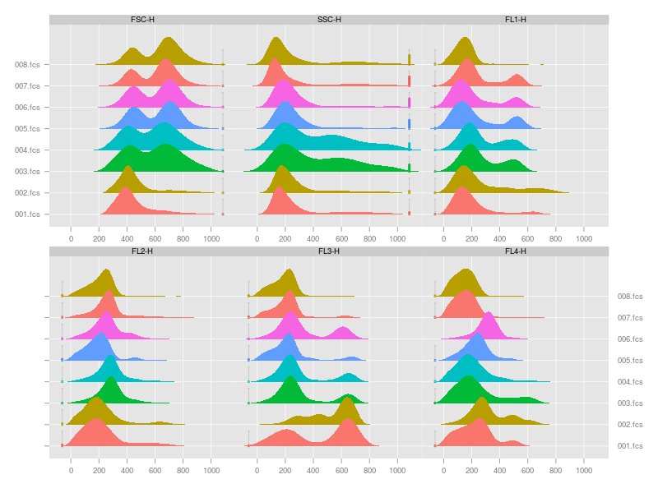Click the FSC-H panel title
click(x=142, y=19)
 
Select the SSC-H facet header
click(x=329, y=19)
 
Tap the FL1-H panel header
click(x=516, y=19)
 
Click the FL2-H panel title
click(x=142, y=251)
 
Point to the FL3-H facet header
click(x=329, y=251)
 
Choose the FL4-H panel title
click(x=516, y=251)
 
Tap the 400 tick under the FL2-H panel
click(x=127, y=472)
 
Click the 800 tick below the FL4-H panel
click(x=556, y=472)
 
